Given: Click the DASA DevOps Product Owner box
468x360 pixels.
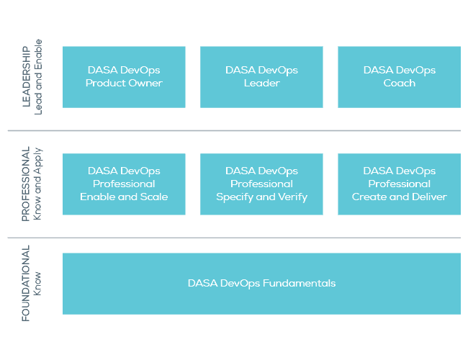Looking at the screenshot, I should coord(124,77).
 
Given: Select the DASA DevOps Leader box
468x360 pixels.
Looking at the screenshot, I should coord(261,77).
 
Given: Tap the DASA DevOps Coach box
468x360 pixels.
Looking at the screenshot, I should coord(399,77).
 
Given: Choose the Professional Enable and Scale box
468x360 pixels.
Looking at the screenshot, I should coord(124,184).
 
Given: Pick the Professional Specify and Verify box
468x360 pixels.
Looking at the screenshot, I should coord(261,184).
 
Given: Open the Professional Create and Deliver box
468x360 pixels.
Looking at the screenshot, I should coord(399,184).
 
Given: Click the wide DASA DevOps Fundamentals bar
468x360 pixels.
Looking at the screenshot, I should coord(261,284).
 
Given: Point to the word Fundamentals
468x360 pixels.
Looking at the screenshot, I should coord(299,284).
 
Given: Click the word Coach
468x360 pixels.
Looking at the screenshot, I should coord(399,84).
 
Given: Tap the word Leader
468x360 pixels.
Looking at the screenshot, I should coord(261,84).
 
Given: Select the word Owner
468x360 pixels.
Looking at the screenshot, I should coord(147,84).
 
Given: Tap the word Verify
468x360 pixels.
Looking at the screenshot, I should coord(292,197).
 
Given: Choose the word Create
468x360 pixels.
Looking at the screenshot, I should coord(369,197).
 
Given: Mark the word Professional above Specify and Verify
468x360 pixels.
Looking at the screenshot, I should coord(261,184).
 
